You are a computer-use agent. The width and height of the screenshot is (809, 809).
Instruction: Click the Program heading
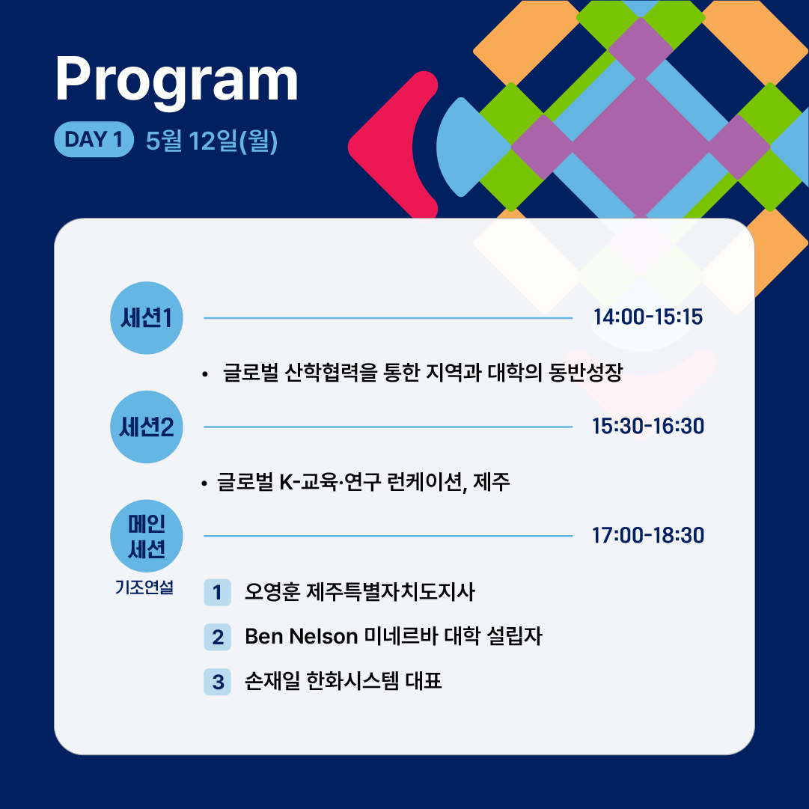point(177,80)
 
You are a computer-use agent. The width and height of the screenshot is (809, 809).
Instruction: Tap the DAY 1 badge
point(94,139)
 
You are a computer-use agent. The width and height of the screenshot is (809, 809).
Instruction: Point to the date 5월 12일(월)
point(212,141)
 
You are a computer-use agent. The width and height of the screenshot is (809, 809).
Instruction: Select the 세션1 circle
point(147,318)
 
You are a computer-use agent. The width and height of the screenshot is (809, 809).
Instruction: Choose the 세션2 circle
point(147,427)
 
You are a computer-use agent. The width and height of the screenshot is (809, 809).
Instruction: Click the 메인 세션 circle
point(147,536)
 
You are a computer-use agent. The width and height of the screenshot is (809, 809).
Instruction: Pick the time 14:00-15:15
point(648,317)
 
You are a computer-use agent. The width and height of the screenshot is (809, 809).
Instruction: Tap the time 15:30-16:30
point(648,426)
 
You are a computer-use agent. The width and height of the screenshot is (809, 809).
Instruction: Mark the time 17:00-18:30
point(648,535)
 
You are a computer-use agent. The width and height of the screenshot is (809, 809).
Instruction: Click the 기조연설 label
point(144,587)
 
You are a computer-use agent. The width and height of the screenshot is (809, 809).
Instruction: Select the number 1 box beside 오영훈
point(217,592)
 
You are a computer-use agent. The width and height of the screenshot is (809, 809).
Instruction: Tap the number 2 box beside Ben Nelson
point(217,637)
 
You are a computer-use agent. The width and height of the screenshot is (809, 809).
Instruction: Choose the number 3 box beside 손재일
point(217,682)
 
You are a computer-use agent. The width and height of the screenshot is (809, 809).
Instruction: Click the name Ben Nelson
point(302,636)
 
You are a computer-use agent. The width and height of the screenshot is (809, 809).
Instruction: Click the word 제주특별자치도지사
point(391,592)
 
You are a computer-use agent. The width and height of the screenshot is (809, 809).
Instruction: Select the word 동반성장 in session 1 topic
point(585,372)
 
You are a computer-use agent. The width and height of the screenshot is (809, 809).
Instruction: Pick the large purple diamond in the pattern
point(641,147)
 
